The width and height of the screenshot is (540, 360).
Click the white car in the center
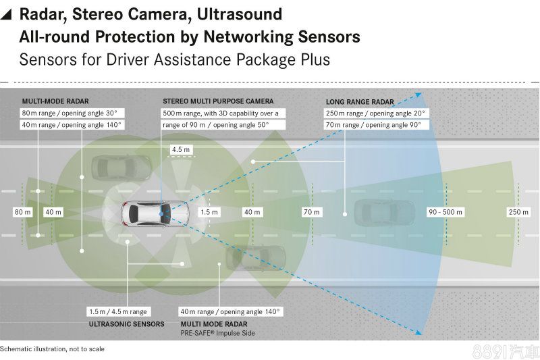(x=147, y=213)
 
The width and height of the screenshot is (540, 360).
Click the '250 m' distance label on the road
(x=518, y=212)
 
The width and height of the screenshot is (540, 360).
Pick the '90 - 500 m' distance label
(x=446, y=212)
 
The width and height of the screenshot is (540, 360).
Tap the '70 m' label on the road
(x=311, y=212)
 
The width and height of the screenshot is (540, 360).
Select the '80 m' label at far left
(x=23, y=212)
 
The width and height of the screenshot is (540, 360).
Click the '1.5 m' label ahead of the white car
(x=209, y=212)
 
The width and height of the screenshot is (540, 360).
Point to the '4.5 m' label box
(x=181, y=149)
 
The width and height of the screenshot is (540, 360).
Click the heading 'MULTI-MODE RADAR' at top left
(x=55, y=101)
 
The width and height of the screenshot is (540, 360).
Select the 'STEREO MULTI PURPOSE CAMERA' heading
(x=218, y=101)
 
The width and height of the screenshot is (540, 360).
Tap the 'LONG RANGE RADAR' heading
(x=360, y=102)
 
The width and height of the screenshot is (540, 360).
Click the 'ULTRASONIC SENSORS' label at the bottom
(x=127, y=324)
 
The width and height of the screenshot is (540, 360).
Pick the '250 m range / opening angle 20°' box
(x=375, y=113)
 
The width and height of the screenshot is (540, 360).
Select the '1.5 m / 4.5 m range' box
(x=117, y=312)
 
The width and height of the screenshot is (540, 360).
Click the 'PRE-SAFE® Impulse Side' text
(x=217, y=333)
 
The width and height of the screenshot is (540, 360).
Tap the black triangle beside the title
(x=6, y=14)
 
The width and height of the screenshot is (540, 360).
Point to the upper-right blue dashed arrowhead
(x=417, y=95)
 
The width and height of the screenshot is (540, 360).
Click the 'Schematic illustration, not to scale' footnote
(x=53, y=349)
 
